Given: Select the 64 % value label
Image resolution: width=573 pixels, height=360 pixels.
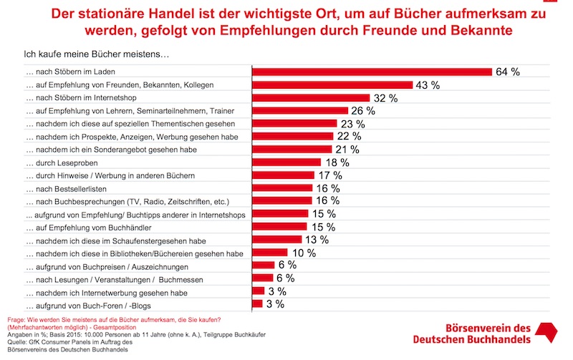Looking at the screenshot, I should pyautogui.click(x=506, y=72).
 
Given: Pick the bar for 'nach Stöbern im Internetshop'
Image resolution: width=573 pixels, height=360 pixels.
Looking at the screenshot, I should pyautogui.click(x=310, y=98).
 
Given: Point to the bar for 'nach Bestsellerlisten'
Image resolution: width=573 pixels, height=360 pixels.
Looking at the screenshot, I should pyautogui.click(x=282, y=188).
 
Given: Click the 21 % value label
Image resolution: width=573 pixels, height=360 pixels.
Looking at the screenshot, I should pyautogui.click(x=347, y=150).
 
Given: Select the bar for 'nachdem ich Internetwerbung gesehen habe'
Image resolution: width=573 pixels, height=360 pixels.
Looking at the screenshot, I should pyautogui.click(x=259, y=291).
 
